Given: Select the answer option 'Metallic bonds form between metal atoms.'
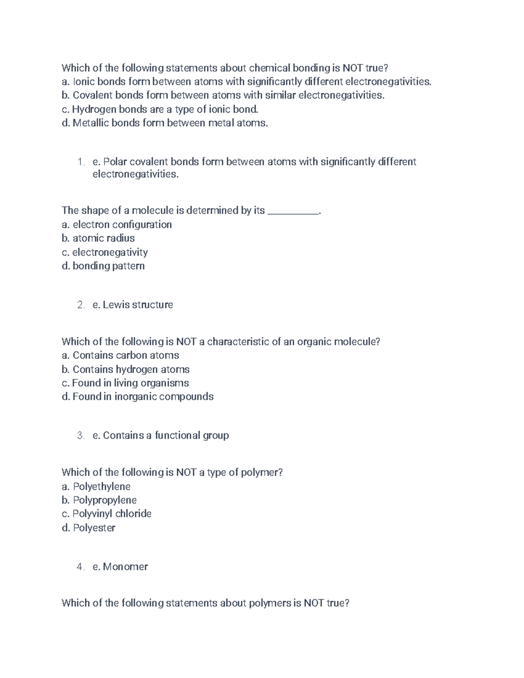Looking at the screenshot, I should pyautogui.click(x=165, y=123).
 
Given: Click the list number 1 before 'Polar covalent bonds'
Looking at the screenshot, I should pyautogui.click(x=80, y=162).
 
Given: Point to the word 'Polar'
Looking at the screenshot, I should pyautogui.click(x=115, y=162).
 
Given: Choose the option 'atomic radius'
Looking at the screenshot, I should pyautogui.click(x=99, y=238).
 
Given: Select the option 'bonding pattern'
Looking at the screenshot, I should pyautogui.click(x=103, y=266).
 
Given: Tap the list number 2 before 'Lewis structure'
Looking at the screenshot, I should pyautogui.click(x=80, y=305).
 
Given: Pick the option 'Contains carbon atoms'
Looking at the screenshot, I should pyautogui.click(x=121, y=355).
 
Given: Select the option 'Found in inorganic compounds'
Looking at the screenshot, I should pyautogui.click(x=138, y=397).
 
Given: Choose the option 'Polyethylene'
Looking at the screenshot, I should pyautogui.click(x=97, y=486).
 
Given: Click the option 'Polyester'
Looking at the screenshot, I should pyautogui.click(x=89, y=528).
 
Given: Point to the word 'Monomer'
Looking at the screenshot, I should pyautogui.click(x=125, y=567).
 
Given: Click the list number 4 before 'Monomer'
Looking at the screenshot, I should pyautogui.click(x=80, y=567).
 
